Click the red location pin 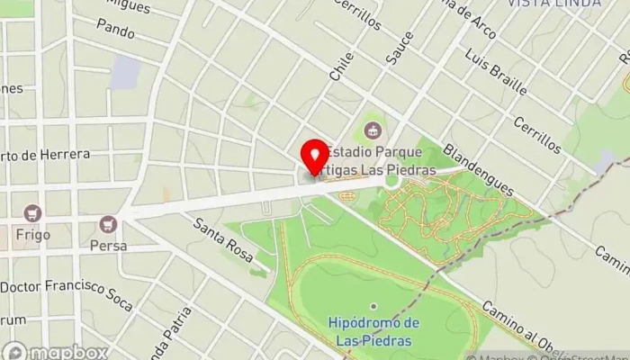[314, 157]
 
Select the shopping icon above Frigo [33, 213]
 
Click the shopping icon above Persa [110, 223]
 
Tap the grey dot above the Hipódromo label [373, 307]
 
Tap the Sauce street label [400, 49]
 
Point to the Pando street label [119, 33]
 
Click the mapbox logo [54, 350]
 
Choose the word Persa [109, 245]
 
